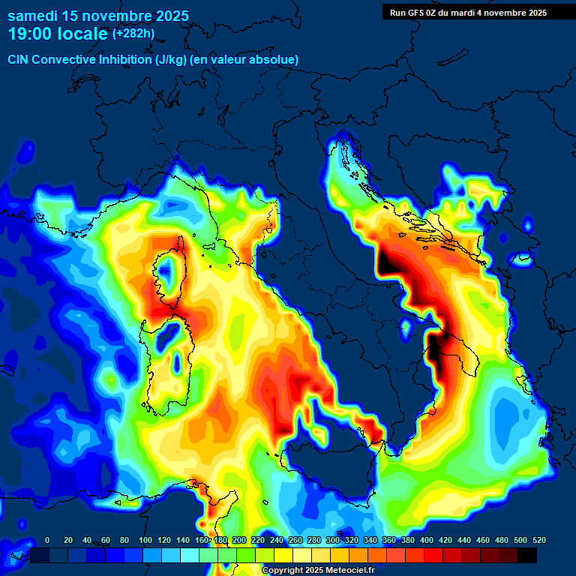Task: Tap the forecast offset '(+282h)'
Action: [x=134, y=34]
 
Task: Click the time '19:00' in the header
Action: [x=34, y=34]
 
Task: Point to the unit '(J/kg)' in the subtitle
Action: [x=174, y=59]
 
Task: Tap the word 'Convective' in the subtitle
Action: [x=64, y=59]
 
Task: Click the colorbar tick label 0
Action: [x=47, y=540]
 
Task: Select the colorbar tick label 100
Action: [x=144, y=540]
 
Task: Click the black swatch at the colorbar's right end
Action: [x=527, y=555]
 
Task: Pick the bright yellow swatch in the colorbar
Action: [x=283, y=555]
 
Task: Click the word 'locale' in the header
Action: [x=82, y=34]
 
